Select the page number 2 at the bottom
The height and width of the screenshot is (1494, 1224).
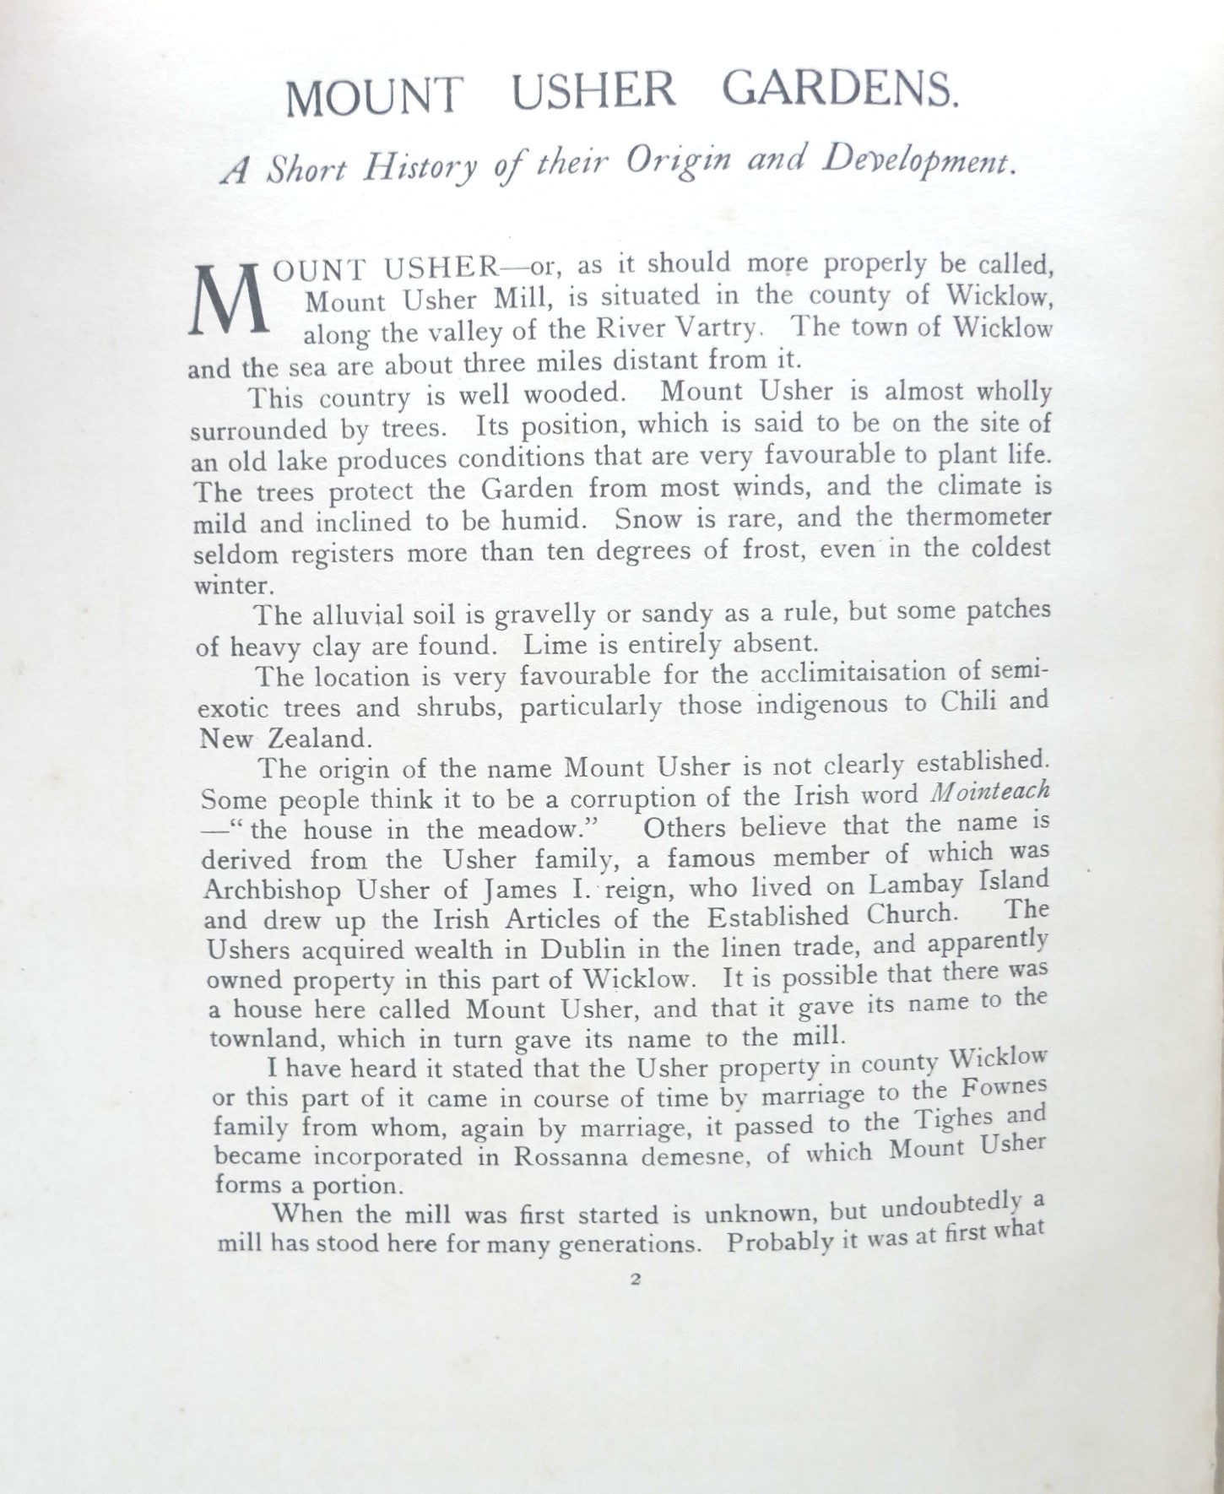636,1279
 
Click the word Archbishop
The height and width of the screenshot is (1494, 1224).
274,890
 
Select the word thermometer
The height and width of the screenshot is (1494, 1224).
978,517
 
